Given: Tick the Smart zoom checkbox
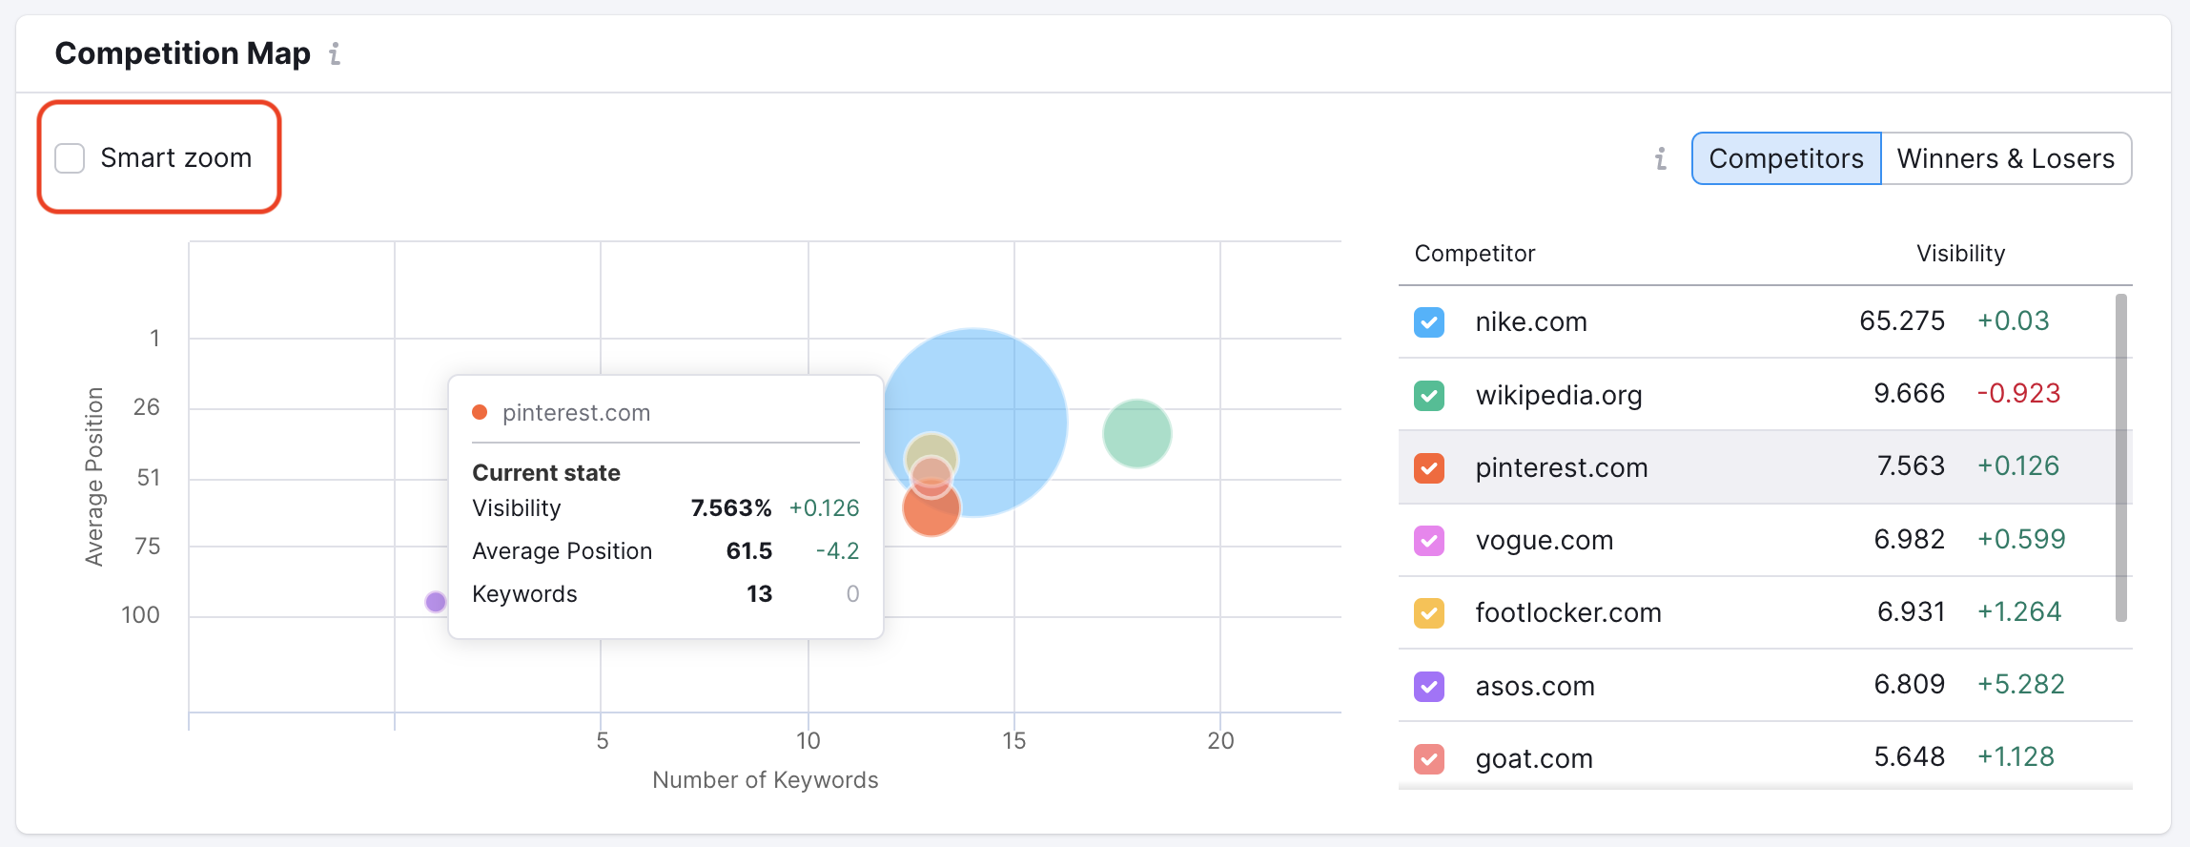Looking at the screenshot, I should (70, 158).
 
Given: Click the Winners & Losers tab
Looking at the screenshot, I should (2005, 158).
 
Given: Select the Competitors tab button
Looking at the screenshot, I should (1786, 158).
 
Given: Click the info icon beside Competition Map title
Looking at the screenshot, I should (335, 54).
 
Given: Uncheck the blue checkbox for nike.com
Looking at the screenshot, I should (1428, 322).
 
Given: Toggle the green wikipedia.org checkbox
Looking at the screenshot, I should (1428, 395).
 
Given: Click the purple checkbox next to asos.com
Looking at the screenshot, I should (1428, 686).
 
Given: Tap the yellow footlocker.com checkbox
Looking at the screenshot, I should (1428, 612).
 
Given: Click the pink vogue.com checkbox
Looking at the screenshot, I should (1428, 541).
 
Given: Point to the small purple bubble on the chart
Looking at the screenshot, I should (436, 602).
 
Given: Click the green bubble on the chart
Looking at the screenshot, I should (1136, 434).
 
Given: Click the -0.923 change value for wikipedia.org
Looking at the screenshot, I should (2018, 394).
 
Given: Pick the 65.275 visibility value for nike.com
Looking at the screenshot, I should (1901, 321).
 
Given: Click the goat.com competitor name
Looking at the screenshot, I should (1534, 759).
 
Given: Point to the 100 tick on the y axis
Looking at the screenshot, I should (140, 615).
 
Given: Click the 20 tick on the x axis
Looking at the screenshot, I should (1220, 741).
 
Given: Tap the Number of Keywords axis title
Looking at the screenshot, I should (765, 780).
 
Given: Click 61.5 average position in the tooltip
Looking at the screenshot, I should (748, 551).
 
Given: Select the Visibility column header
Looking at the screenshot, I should (1960, 254).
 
